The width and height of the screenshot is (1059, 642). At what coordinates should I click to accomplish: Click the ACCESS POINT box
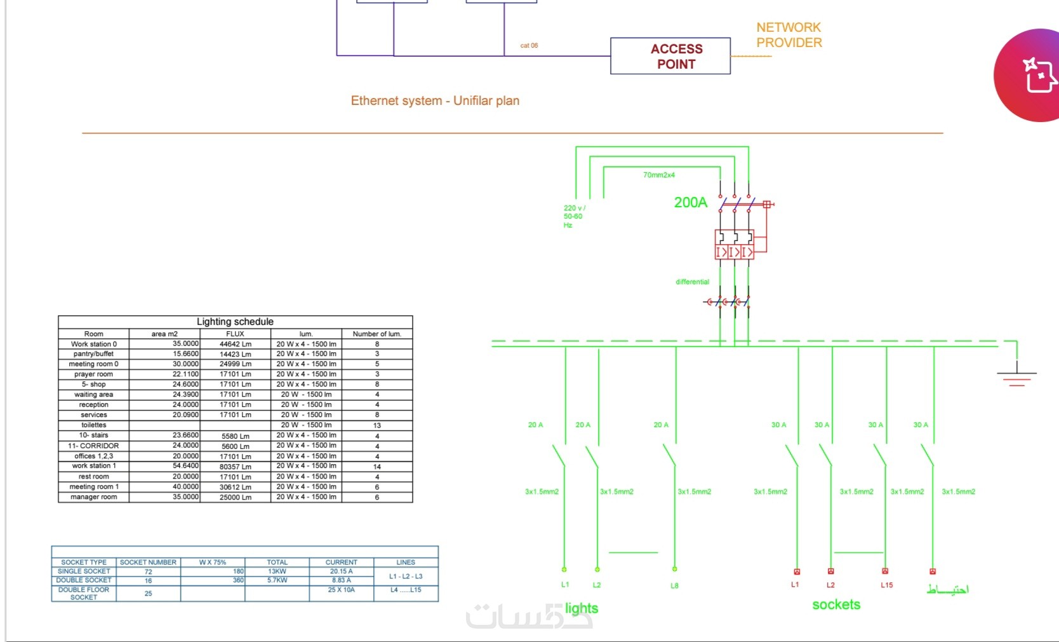670,56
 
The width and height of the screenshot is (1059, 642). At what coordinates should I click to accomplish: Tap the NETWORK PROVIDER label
789,35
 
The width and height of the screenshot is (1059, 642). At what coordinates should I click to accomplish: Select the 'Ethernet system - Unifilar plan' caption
435,100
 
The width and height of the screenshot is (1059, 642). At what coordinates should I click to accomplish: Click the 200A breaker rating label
690,202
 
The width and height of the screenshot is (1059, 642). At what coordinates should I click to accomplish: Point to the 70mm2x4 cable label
658,175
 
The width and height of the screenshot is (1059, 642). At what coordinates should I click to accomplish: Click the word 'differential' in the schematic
692,282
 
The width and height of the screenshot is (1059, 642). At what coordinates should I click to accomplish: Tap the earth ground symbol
1016,378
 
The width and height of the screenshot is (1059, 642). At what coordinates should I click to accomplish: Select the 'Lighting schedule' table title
235,322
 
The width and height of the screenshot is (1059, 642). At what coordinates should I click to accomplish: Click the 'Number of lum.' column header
376,334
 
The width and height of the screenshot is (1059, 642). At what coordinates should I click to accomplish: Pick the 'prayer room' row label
93,374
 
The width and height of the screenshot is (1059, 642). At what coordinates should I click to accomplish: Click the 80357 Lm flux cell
235,467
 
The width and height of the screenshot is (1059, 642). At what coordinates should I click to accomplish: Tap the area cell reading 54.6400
185,466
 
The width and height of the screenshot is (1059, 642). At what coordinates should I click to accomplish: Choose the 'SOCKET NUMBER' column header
148,563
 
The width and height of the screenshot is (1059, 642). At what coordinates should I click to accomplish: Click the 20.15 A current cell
341,571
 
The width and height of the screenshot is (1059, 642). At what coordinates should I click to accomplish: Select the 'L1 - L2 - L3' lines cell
405,576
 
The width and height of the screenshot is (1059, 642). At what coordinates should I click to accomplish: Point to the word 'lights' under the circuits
582,608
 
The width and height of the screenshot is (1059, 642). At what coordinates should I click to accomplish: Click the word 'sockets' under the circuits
836,604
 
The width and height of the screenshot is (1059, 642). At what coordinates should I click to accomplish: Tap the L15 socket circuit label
886,585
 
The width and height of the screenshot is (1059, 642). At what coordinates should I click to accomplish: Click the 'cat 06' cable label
529,46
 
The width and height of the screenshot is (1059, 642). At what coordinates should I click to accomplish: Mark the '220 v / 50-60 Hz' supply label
573,216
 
